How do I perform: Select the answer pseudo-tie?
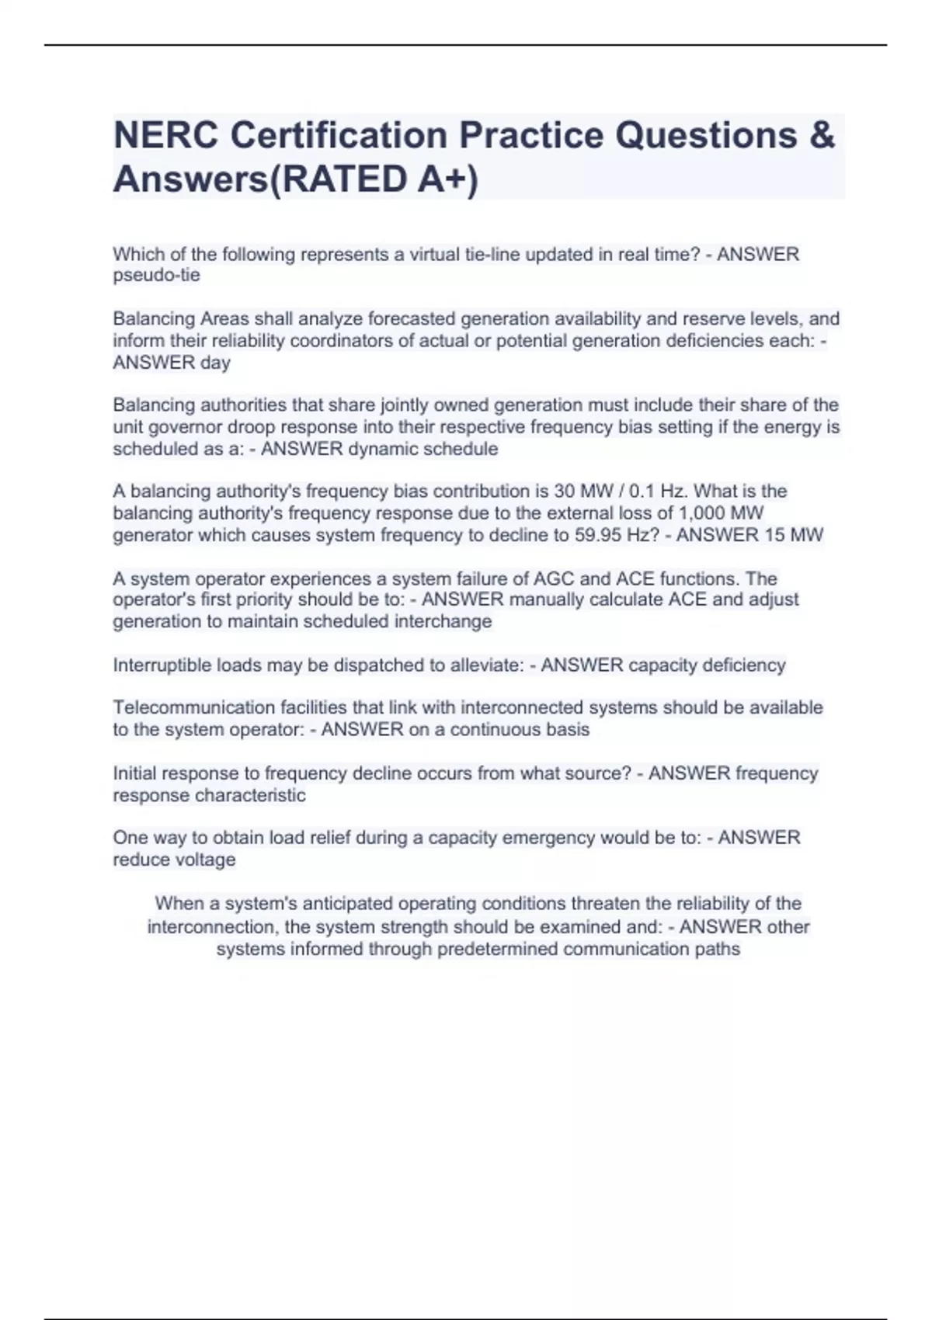pos(156,275)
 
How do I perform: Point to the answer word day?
pos(215,363)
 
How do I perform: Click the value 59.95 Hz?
pos(614,535)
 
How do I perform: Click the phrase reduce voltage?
pos(174,860)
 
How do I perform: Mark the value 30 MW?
pos(582,492)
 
